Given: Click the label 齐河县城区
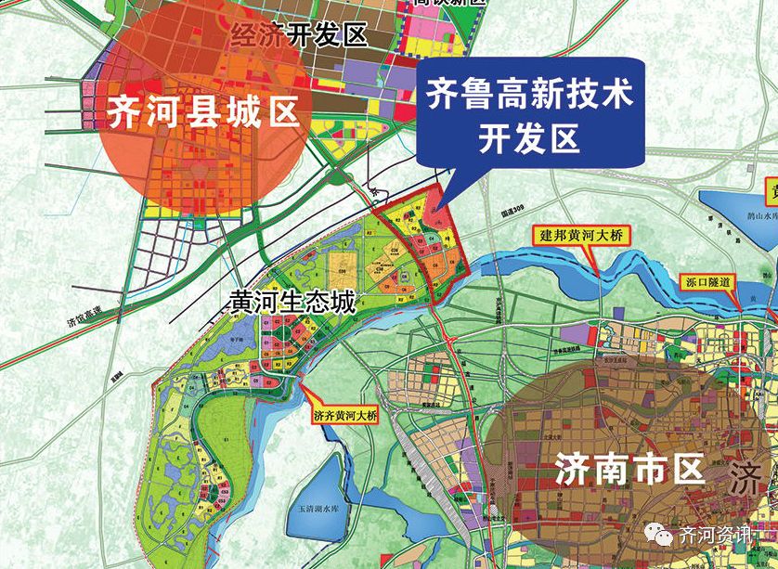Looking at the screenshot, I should pos(203,111).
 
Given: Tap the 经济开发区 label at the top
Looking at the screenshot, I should pos(299,36).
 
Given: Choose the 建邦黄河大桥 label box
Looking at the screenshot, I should pos(581,236).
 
